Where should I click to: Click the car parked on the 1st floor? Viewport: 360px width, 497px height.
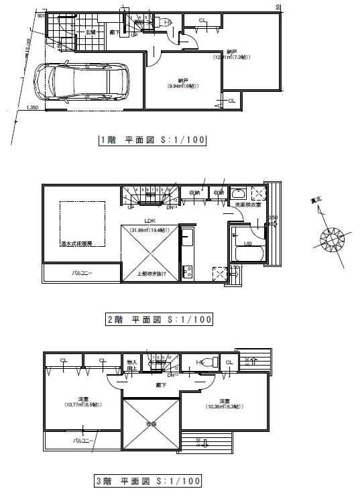click(x=83, y=81)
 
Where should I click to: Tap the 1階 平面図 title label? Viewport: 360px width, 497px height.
click(x=151, y=141)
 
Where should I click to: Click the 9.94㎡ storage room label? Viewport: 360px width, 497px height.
click(x=182, y=83)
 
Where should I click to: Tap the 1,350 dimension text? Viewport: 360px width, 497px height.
click(x=32, y=107)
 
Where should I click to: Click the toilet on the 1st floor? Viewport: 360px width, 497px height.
click(x=167, y=22)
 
